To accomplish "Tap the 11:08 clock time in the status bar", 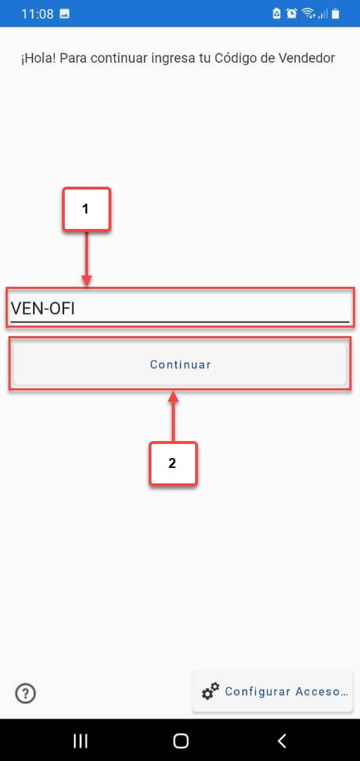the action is (x=37, y=13).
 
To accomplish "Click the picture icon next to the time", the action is (x=65, y=13).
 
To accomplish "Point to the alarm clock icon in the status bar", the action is (x=292, y=13).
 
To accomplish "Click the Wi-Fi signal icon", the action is (x=308, y=13).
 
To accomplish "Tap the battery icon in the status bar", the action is (x=335, y=13).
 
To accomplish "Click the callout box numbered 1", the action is (x=87, y=209).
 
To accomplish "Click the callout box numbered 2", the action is (x=173, y=463).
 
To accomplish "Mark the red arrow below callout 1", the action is (x=87, y=259).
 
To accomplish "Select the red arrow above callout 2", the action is (x=173, y=417).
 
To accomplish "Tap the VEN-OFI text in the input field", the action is (x=43, y=308).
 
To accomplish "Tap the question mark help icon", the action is (x=25, y=693).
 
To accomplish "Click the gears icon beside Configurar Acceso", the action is (x=211, y=691).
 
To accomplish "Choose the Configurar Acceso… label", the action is (x=286, y=692).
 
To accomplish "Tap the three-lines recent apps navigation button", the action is (x=80, y=741).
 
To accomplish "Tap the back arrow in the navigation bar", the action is (x=281, y=741).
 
